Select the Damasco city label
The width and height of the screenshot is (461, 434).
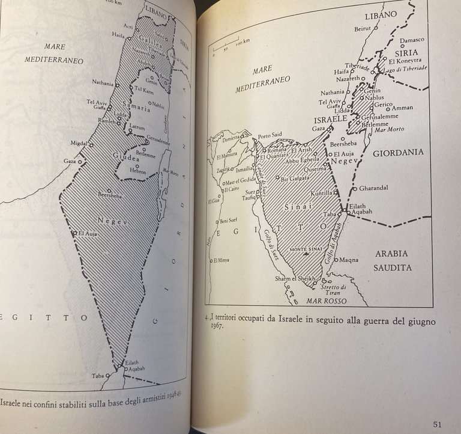(412, 40)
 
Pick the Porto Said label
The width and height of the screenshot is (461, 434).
(270, 135)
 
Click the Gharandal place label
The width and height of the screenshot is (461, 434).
(374, 188)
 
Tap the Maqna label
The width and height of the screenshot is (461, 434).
(349, 260)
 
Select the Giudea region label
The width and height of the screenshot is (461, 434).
(125, 159)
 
